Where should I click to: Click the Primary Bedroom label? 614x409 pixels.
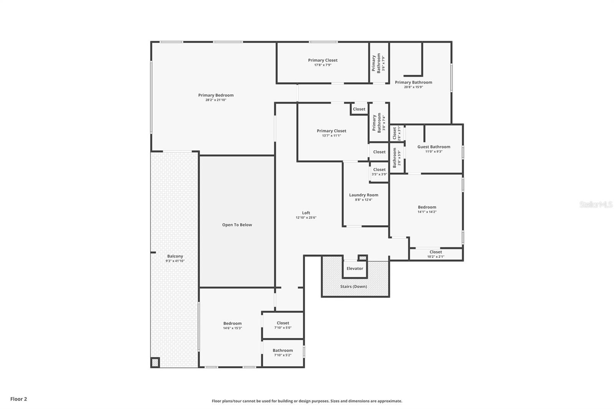tap(216, 95)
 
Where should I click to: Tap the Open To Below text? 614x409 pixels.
tap(237, 225)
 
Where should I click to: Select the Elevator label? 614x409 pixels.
tap(355, 269)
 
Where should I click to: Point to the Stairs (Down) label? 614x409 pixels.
tap(353, 287)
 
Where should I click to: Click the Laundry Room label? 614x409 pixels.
tap(363, 195)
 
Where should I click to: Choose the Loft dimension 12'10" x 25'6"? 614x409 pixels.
tap(306, 218)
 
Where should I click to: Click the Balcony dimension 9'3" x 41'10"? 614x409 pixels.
tap(175, 261)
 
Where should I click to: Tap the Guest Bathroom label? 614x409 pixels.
tap(434, 147)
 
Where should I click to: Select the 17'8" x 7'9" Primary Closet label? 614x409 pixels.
tap(323, 60)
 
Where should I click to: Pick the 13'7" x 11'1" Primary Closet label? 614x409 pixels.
tap(332, 131)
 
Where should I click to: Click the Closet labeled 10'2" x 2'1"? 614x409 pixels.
tap(436, 252)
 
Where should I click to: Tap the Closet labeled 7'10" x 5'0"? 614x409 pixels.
tap(283, 323)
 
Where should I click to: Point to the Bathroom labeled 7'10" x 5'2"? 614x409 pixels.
tap(283, 350)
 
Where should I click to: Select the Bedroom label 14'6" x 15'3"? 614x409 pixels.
tap(233, 323)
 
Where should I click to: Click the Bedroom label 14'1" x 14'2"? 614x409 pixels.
tap(427, 207)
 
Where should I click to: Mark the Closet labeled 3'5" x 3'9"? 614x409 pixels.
tap(379, 170)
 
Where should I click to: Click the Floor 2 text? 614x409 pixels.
tap(18, 399)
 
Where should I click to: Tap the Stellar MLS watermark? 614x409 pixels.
tap(596, 204)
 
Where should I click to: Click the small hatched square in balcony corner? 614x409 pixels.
tap(155, 362)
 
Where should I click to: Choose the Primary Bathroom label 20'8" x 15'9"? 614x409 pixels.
tap(413, 82)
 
